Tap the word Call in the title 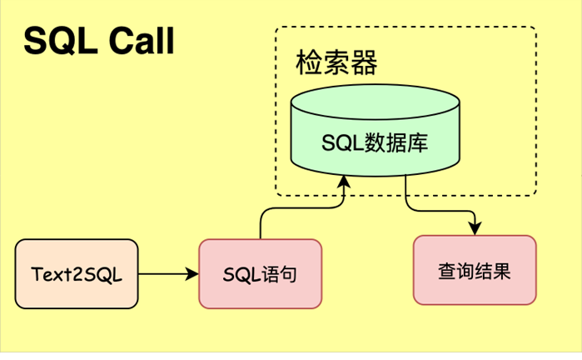tap(139, 42)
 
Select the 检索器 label tap(336, 62)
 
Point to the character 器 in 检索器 tap(364, 62)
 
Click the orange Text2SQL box tap(77, 274)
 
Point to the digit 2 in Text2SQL tap(83, 274)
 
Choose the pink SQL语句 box tap(260, 273)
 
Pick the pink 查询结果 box tap(475, 270)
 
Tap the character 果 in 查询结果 tap(502, 271)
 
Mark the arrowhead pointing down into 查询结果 tap(475, 228)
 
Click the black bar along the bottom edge tap(291, 355)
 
